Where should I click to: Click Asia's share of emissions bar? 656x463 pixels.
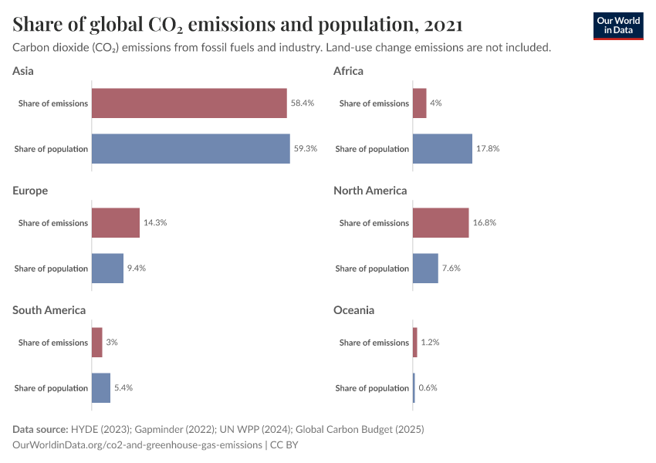tap(189, 103)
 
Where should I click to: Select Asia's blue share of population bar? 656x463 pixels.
tap(191, 149)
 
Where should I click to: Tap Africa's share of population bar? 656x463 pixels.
tap(442, 149)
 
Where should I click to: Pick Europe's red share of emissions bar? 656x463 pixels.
tap(116, 223)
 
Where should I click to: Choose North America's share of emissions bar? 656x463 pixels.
tap(441, 223)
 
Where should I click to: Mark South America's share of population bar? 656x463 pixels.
tap(101, 388)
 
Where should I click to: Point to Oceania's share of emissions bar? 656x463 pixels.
tap(415, 343)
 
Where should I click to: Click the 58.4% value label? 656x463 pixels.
tap(303, 103)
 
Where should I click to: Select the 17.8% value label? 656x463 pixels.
tap(488, 149)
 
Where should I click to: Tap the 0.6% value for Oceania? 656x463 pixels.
tap(428, 388)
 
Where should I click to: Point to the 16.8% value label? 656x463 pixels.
tap(485, 223)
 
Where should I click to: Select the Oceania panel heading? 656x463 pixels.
tap(353, 310)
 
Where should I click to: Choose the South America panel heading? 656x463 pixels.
tap(49, 310)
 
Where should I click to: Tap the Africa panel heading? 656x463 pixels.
tap(348, 71)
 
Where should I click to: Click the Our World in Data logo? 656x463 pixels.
tap(618, 25)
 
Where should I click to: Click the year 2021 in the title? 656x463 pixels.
tap(442, 25)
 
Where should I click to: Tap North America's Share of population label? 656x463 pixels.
tap(372, 269)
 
